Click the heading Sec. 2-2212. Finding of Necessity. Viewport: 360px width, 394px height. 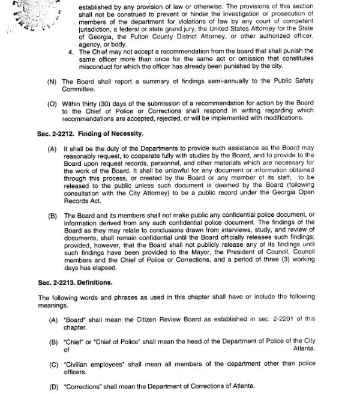pos(90,133)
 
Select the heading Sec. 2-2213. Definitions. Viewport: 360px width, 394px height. pos(75,282)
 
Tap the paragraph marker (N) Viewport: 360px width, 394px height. pos(53,82)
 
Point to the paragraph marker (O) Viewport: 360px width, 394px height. pos(53,103)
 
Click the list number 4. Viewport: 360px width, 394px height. pos(71,52)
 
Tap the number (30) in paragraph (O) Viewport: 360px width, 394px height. pos(112,103)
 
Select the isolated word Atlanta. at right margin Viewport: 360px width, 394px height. pos(304,348)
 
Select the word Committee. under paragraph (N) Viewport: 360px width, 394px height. pos(78,89)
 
